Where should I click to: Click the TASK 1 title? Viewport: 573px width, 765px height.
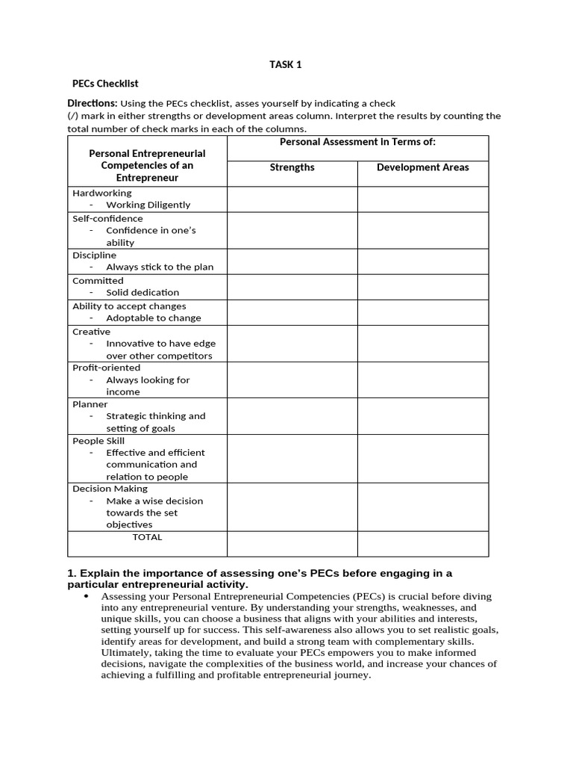pos(286,65)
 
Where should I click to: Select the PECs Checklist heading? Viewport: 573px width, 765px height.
pos(105,84)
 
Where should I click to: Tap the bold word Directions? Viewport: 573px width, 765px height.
pos(92,103)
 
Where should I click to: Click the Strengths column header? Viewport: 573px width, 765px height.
pos(292,167)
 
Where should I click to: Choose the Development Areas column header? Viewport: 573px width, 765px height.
pos(422,167)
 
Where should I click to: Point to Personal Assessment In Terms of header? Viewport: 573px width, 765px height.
pos(357,142)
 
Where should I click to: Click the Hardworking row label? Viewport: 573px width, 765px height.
pos(101,193)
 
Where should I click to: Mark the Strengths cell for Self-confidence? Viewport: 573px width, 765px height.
pos(292,231)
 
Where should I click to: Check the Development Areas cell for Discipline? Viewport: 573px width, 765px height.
pos(422,261)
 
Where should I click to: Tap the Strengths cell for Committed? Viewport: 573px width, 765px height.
pos(292,287)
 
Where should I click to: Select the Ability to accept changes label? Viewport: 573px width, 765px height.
pos(129,306)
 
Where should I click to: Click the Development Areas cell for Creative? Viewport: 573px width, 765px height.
pos(422,344)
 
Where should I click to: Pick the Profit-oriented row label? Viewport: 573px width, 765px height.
pos(106,368)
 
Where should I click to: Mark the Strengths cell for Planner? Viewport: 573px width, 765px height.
pos(292,416)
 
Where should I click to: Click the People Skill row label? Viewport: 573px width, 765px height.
pos(98,441)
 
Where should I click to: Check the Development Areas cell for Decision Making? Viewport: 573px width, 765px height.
pos(422,507)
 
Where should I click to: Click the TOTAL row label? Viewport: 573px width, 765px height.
pos(147,537)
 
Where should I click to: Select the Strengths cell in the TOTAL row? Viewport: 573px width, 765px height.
pos(292,543)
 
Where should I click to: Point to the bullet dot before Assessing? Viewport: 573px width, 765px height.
pos(88,597)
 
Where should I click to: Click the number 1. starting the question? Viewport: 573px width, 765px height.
pos(72,574)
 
